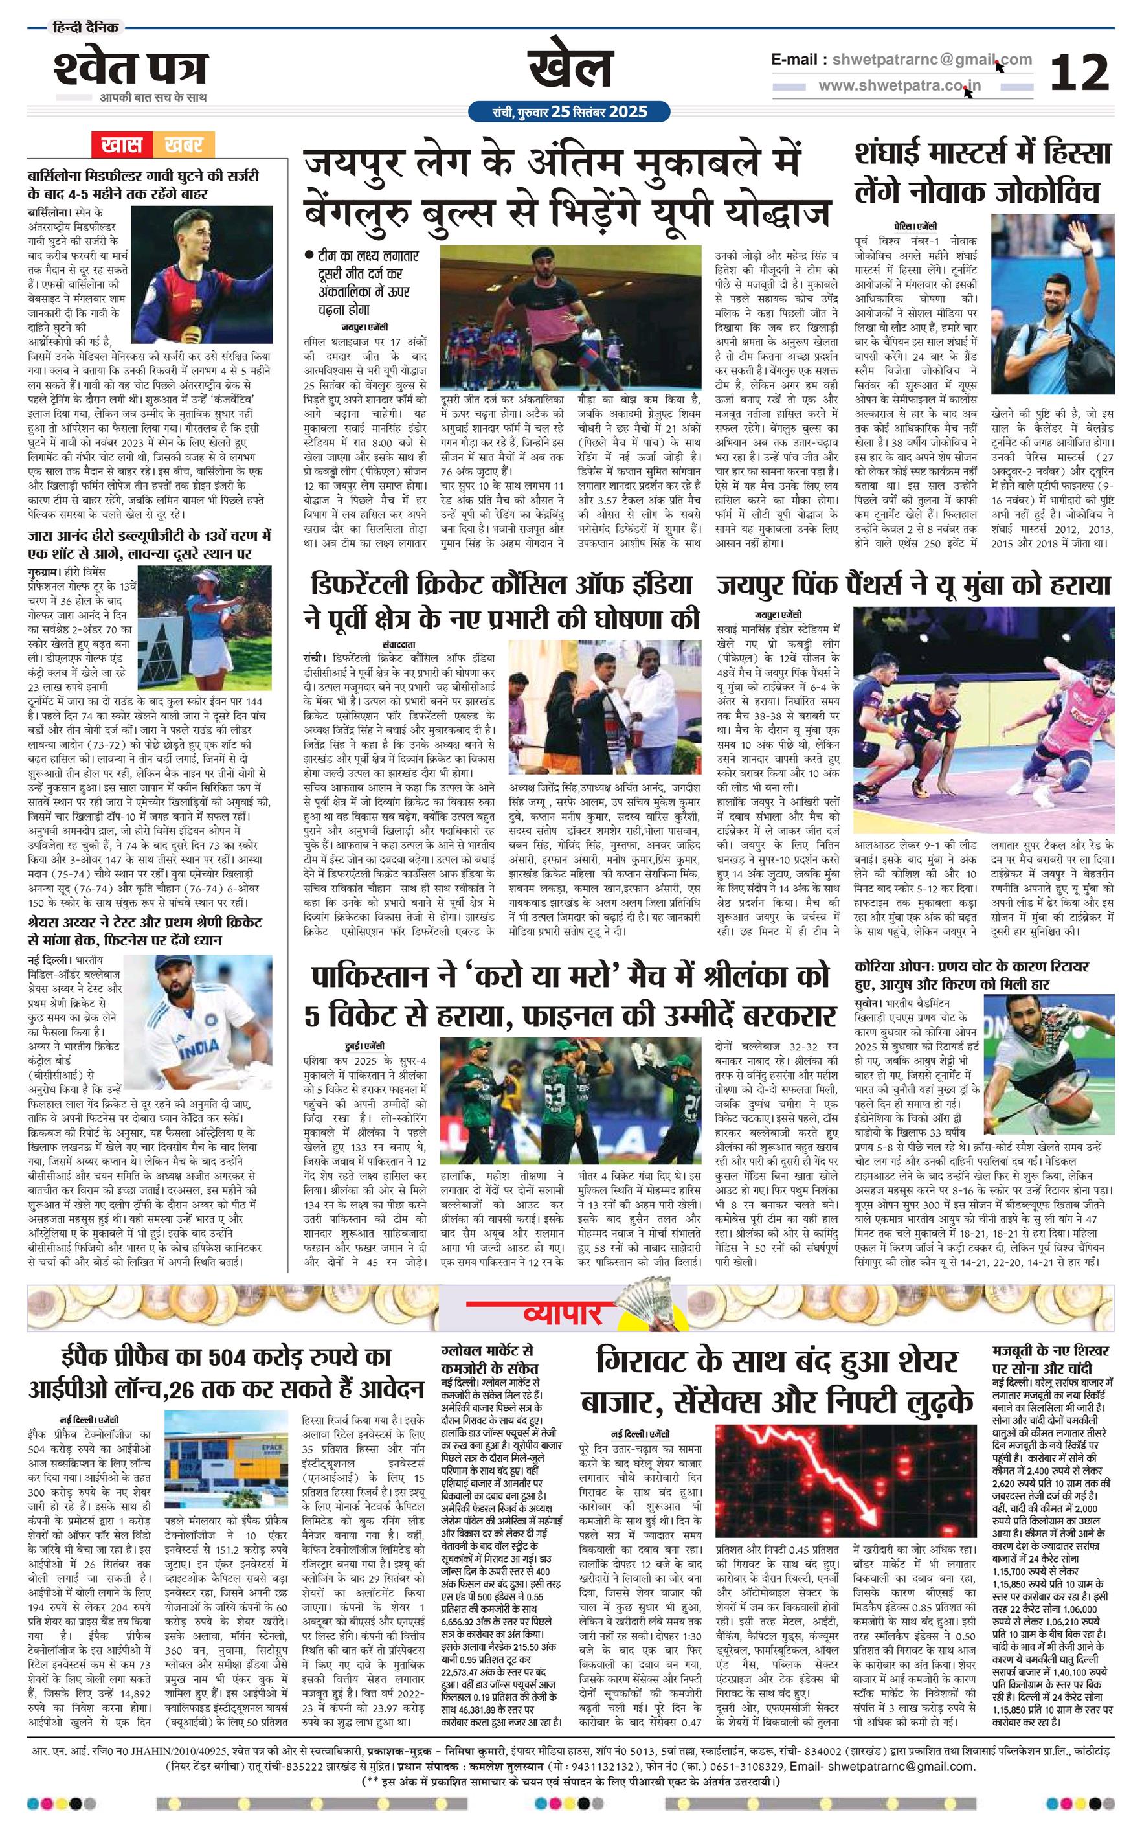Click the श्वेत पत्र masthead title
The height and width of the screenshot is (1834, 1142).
pyautogui.click(x=130, y=69)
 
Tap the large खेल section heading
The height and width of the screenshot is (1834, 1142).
pyautogui.click(x=570, y=67)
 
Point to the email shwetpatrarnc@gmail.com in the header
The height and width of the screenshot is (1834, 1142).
pyautogui.click(x=928, y=60)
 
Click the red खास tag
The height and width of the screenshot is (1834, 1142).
pyautogui.click(x=122, y=144)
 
